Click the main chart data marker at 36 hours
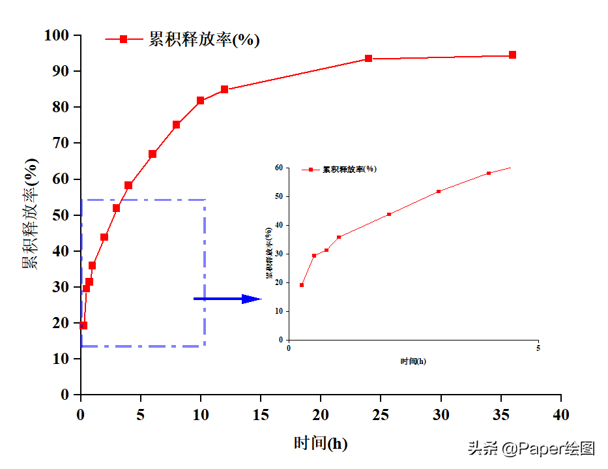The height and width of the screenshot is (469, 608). click(x=512, y=55)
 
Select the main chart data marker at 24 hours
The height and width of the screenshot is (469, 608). click(x=368, y=59)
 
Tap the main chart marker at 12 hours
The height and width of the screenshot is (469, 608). click(x=224, y=89)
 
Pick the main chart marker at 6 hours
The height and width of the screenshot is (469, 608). click(x=152, y=154)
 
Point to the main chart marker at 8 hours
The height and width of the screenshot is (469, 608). click(x=176, y=125)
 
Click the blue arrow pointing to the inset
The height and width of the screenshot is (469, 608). click(x=227, y=299)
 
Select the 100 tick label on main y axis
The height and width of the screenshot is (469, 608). click(x=57, y=35)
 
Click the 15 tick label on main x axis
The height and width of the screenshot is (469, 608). click(x=261, y=415)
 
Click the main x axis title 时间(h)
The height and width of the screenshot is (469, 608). click(x=321, y=444)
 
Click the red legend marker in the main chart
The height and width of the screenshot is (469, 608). click(x=124, y=39)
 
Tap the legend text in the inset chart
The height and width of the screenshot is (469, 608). click(x=349, y=169)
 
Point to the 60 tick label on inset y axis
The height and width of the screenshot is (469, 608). click(x=278, y=168)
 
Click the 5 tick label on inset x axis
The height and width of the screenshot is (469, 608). click(x=538, y=348)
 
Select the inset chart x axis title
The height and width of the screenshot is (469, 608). click(x=413, y=361)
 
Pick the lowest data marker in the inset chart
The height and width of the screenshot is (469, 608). click(x=302, y=285)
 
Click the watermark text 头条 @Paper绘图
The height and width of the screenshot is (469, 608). click(x=530, y=449)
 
